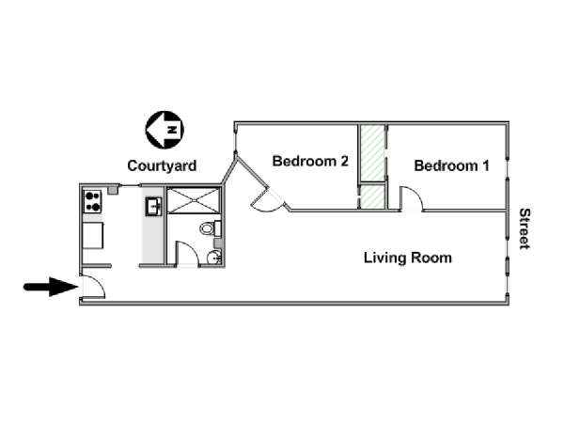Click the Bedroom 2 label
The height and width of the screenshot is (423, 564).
coord(310,161)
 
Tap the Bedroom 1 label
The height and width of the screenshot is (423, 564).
coord(451,165)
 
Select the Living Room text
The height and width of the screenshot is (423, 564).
coord(408,258)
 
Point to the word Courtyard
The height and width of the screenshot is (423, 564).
coord(162,165)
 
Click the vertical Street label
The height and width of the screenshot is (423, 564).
coord(525,228)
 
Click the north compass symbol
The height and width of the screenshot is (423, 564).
coord(164,130)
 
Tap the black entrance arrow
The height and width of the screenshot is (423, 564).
coord(51,287)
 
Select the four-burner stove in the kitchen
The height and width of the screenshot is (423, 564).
coord(93,201)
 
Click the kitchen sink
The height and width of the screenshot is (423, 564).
coord(154,207)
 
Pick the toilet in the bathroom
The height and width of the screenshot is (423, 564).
coord(211,228)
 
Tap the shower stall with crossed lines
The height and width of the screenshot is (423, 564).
coord(193,200)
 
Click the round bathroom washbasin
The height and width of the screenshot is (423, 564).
coord(214,258)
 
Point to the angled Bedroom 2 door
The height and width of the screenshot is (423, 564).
coord(267,200)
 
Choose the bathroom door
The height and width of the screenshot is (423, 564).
coord(187,253)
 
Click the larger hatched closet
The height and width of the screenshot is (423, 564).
coord(372,153)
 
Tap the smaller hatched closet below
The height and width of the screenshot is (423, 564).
coord(372,196)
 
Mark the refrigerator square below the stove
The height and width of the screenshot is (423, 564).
coord(93,236)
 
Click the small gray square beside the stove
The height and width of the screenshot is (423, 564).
coord(113,191)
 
